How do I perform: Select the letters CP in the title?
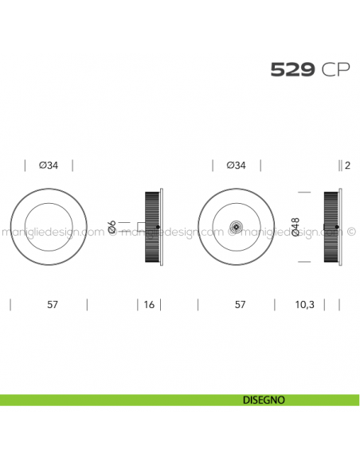tap(335, 70)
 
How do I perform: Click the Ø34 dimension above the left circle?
tap(49, 166)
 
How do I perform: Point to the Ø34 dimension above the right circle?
tap(237, 166)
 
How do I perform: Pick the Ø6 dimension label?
tap(112, 227)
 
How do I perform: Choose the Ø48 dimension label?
tap(296, 227)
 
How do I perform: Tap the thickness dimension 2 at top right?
tap(348, 166)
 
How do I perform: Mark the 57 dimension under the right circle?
tap(237, 304)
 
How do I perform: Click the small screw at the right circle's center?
tap(236, 228)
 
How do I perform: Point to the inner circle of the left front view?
tap(49, 227)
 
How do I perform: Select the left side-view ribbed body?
tap(151, 227)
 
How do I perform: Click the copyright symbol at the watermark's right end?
tap(350, 233)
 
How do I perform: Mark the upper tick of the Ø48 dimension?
tap(303, 193)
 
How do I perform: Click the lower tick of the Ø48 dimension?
tap(303, 261)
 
